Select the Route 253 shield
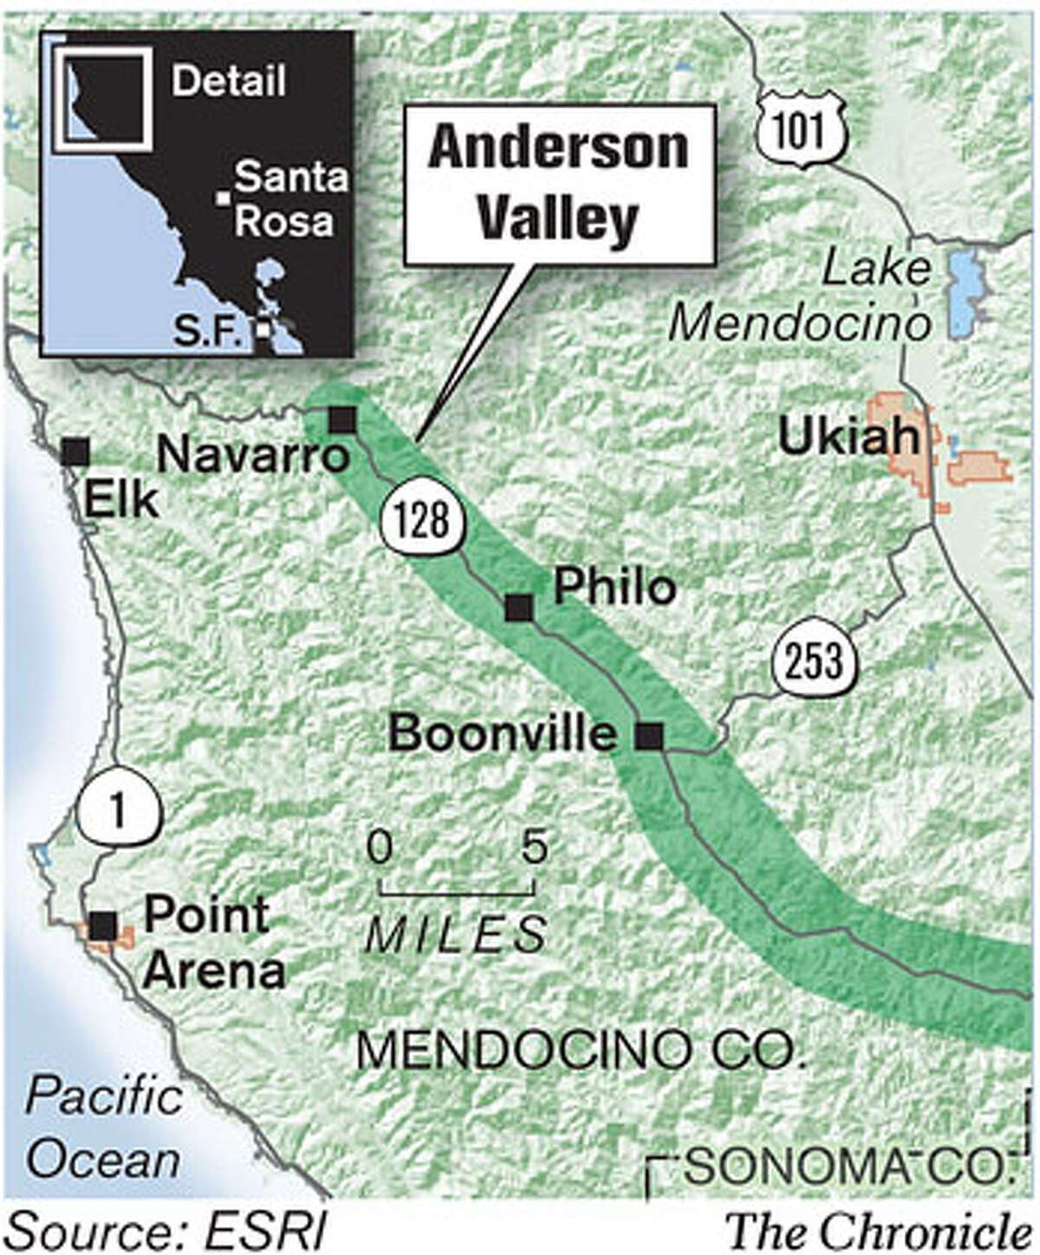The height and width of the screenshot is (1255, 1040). pos(816,661)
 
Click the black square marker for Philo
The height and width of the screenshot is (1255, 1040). pos(519,608)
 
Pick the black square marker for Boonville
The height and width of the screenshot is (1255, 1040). pos(649,736)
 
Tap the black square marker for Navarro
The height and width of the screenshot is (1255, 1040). pos(342,420)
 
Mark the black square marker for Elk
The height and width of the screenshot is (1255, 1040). pos(76,451)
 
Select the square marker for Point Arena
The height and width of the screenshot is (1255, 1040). pos(104,925)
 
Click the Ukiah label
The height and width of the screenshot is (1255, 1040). pos(847,439)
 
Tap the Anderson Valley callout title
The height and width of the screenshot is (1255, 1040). pos(559,184)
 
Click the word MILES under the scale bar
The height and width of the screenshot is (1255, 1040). pos(456,934)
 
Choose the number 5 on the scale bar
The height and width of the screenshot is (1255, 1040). pos(534,847)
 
